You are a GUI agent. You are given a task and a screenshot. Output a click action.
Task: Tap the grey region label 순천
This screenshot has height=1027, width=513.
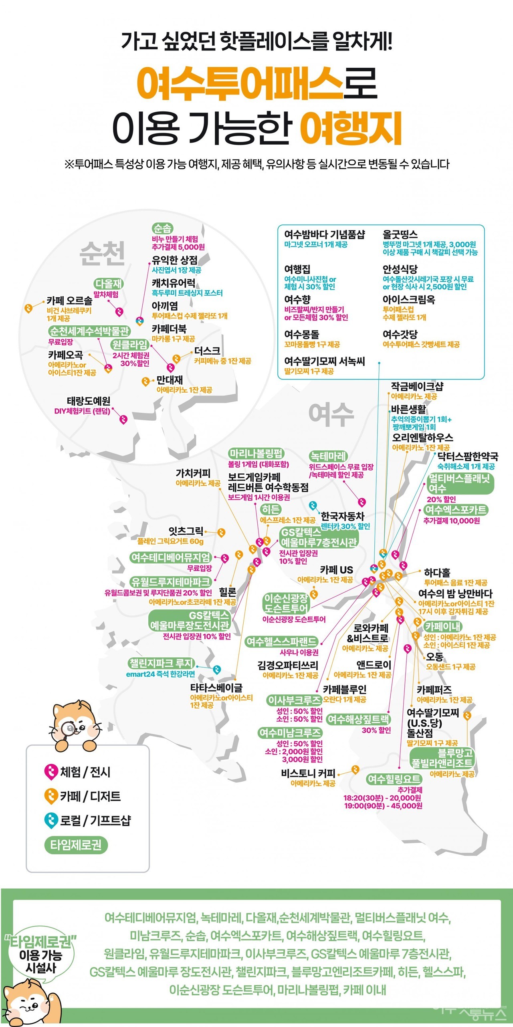pyautogui.click(x=103, y=253)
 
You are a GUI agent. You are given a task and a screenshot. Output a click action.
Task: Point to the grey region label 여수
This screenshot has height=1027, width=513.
pyautogui.click(x=331, y=414)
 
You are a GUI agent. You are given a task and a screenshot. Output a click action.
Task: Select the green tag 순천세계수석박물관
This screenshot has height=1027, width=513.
pyautogui.click(x=89, y=331)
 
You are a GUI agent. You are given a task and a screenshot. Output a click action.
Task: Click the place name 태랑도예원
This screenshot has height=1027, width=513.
pyautogui.click(x=88, y=401)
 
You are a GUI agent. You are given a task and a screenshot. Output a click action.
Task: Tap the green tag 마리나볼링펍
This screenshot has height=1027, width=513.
pyautogui.click(x=256, y=454)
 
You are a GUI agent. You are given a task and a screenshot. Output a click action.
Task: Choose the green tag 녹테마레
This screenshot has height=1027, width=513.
pyautogui.click(x=328, y=456)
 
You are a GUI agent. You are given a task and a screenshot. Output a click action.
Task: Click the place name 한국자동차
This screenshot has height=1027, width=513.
pyautogui.click(x=342, y=516)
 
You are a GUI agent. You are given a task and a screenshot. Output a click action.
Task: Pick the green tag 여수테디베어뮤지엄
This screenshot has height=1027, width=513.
pyautogui.click(x=170, y=557)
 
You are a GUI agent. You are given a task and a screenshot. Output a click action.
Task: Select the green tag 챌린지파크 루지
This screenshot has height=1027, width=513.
pyautogui.click(x=161, y=663)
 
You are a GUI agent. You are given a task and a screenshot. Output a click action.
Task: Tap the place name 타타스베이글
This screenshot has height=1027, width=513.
pyautogui.click(x=216, y=688)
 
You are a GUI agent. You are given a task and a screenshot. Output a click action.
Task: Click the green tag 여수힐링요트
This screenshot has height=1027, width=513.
pyautogui.click(x=394, y=779)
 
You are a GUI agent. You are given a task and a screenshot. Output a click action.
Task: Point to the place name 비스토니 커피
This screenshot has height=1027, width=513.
pyautogui.click(x=308, y=773)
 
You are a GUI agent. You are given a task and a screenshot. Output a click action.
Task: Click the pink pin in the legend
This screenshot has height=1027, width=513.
pyautogui.click(x=50, y=772)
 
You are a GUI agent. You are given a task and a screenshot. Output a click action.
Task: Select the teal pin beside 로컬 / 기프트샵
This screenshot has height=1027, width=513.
pyautogui.click(x=50, y=820)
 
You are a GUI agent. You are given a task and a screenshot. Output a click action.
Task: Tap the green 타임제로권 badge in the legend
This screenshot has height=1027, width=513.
pyautogui.click(x=76, y=845)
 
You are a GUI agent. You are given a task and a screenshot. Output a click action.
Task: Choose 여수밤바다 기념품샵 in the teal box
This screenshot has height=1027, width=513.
pyautogui.click(x=324, y=234)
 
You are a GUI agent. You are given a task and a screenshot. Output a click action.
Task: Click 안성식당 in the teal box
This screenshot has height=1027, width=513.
pyautogui.click(x=400, y=269)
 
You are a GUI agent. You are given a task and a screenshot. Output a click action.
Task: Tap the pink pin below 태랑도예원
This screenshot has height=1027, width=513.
pyautogui.click(x=123, y=420)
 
